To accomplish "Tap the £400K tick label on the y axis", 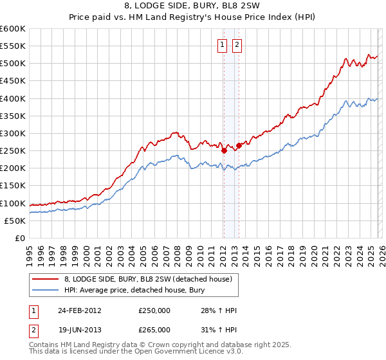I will click(x=12, y=98).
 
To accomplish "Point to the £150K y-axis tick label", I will click(x=12, y=186).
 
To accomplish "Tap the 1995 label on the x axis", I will click(x=30, y=253).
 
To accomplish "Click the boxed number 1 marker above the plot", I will click(x=222, y=44).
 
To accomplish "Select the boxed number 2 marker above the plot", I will click(x=237, y=44).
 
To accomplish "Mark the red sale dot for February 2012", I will click(x=224, y=151).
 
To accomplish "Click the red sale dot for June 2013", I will click(x=239, y=145).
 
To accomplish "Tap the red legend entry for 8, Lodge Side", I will click(x=151, y=279).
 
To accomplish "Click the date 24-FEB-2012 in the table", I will click(x=79, y=310).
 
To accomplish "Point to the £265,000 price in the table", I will click(x=154, y=329).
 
